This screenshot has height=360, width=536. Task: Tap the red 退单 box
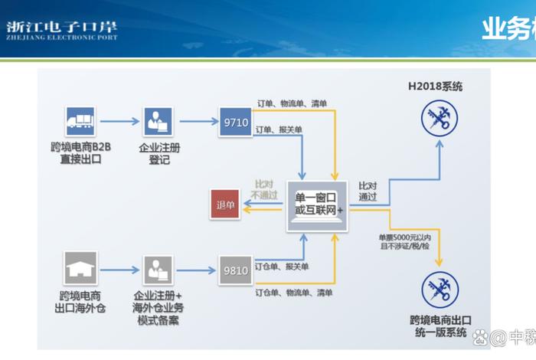point(226,205)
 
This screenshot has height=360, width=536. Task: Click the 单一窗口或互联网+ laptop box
point(319,205)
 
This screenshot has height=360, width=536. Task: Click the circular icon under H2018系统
point(439,119)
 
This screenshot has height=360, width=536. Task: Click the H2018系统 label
point(435,87)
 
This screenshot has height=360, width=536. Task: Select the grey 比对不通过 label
point(264,190)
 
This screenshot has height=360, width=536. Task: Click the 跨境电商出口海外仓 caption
point(80,301)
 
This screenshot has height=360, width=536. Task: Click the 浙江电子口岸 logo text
point(61,28)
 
